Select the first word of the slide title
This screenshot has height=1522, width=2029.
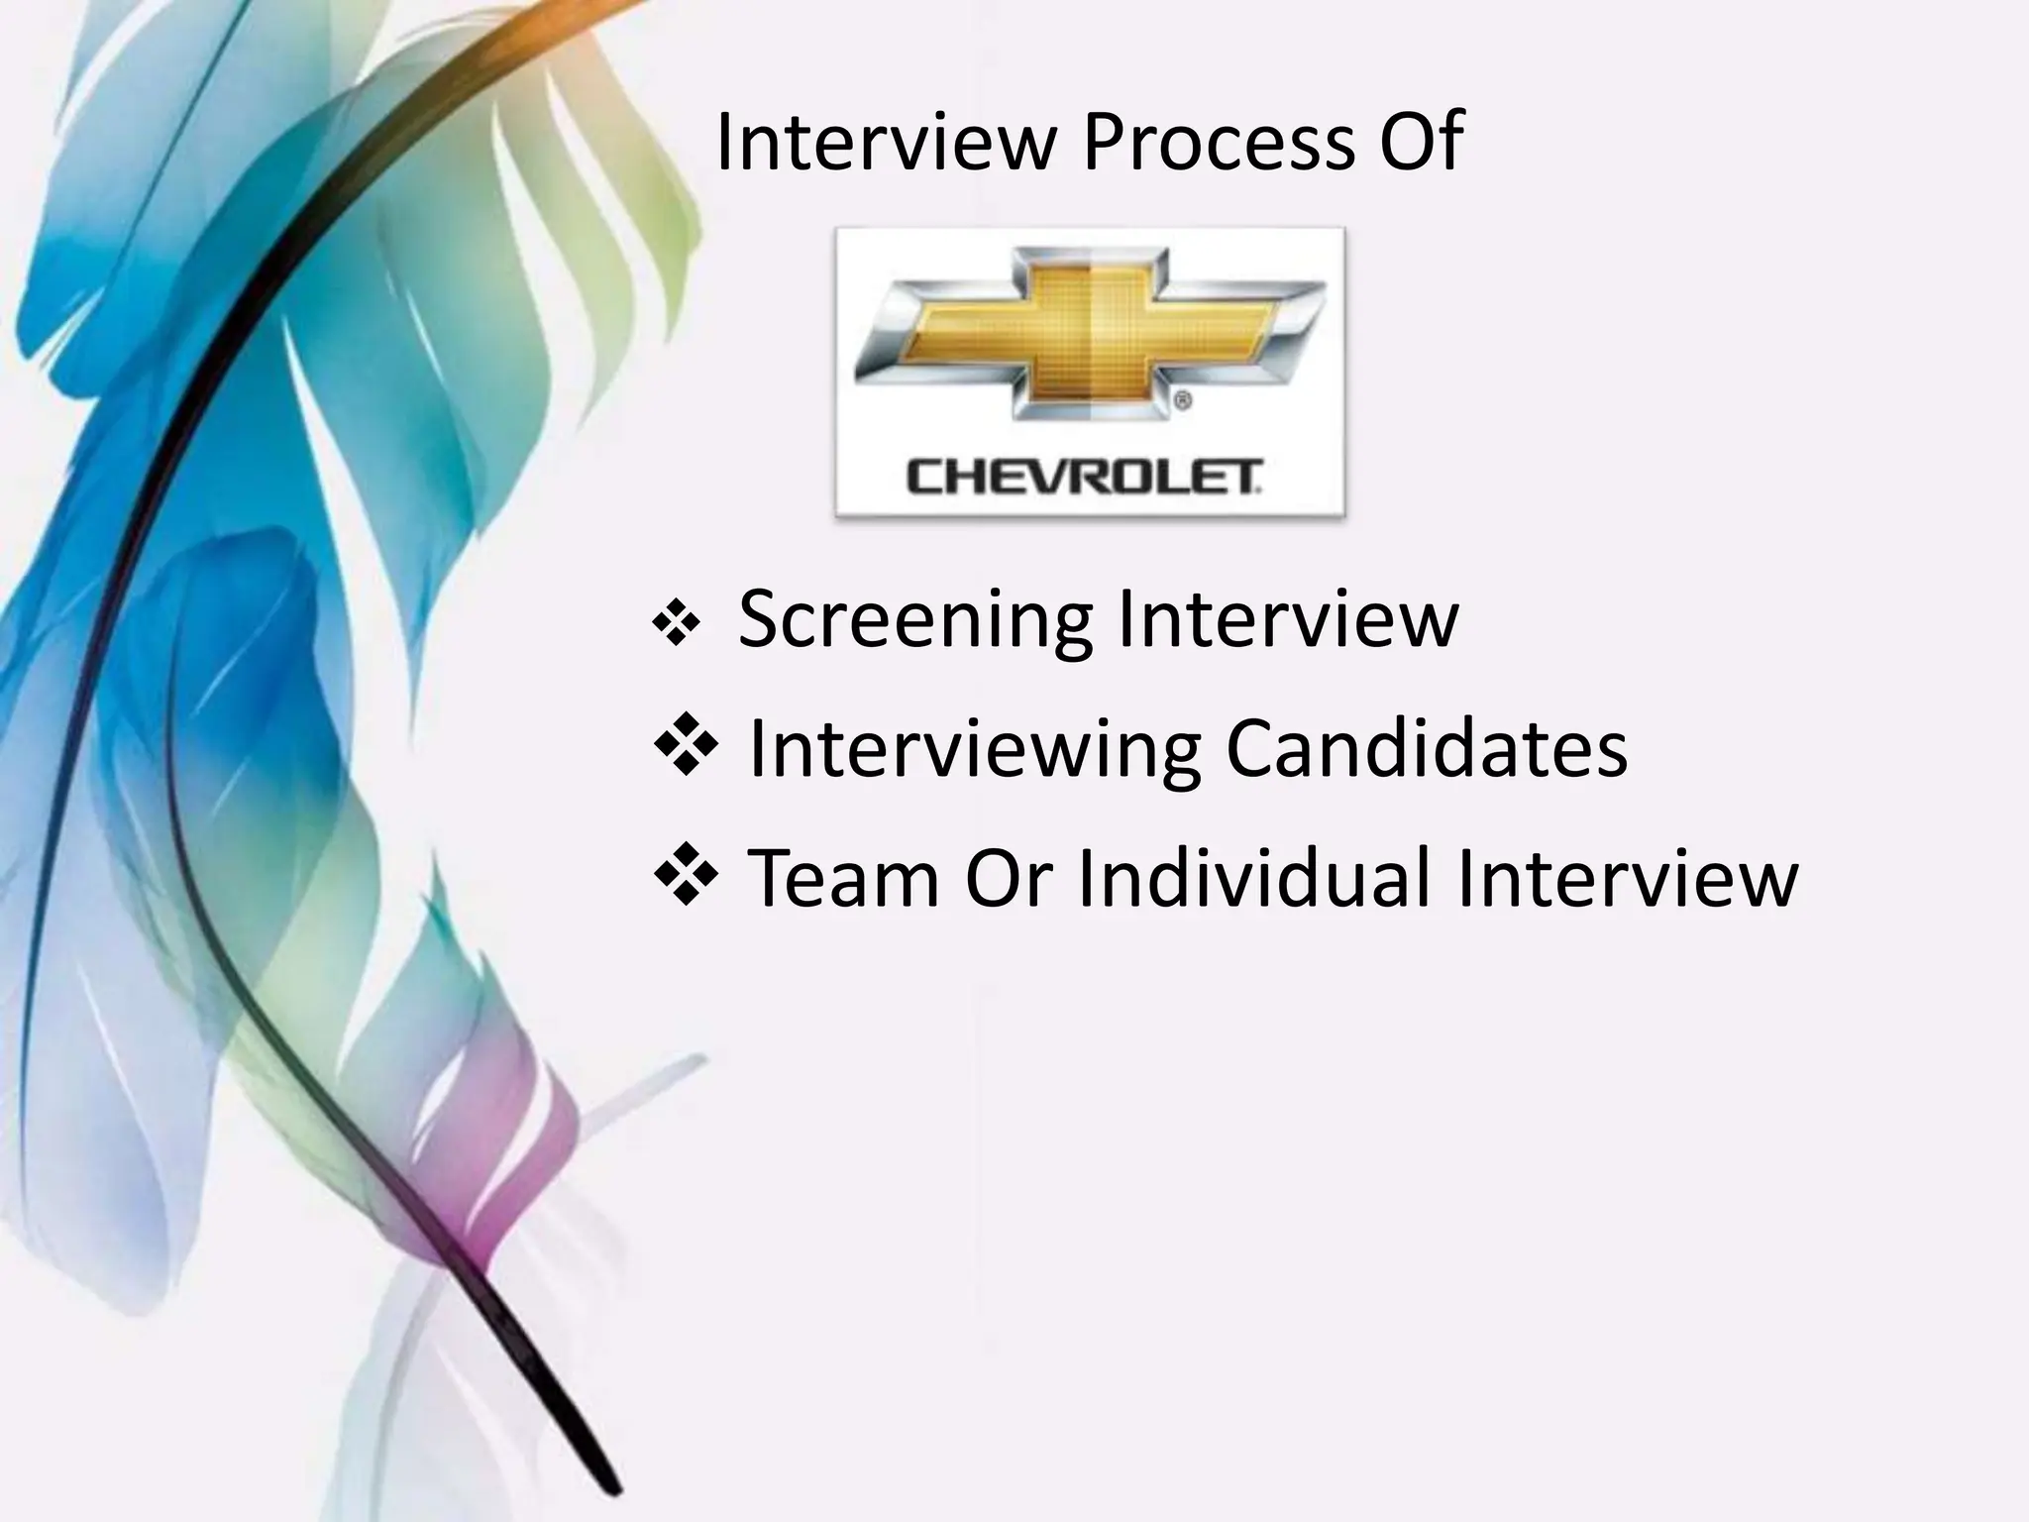[886, 144]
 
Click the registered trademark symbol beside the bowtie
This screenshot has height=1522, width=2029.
[1181, 401]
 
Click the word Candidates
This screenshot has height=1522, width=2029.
[1427, 748]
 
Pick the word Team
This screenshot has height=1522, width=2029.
[842, 878]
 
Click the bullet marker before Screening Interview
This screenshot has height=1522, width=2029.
[677, 626]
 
